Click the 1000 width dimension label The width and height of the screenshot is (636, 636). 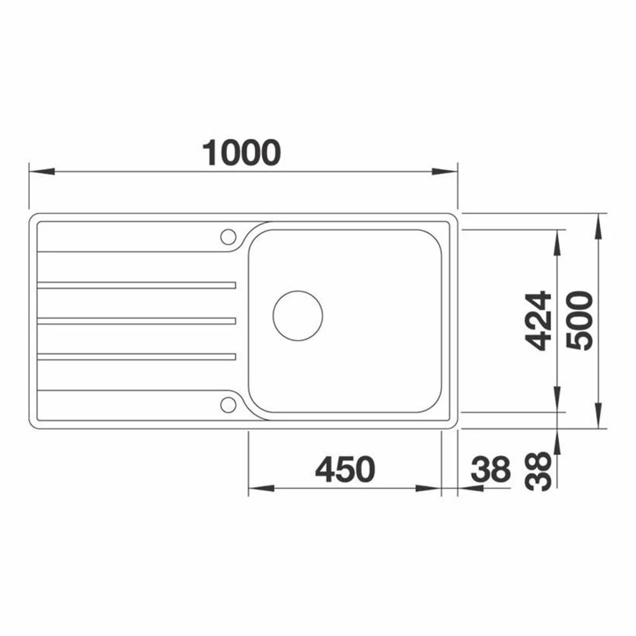point(241,153)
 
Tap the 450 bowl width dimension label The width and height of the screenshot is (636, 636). point(345,469)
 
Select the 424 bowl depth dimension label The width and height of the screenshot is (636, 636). point(538,321)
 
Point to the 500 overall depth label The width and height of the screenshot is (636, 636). point(579,321)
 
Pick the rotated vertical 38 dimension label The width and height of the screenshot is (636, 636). point(538,471)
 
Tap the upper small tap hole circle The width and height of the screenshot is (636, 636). point(228,237)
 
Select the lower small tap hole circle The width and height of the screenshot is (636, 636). point(228,404)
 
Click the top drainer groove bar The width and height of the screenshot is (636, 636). point(136,285)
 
